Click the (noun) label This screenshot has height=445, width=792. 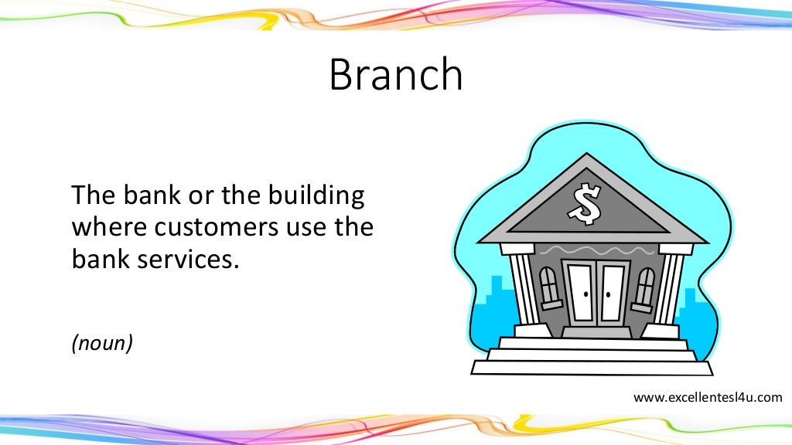point(102,342)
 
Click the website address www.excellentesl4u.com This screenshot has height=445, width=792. point(708,398)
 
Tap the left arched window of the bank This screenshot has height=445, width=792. point(548,287)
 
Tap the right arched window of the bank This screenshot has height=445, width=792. point(643,287)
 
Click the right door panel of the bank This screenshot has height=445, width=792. point(613,293)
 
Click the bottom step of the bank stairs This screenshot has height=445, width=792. point(592,369)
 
